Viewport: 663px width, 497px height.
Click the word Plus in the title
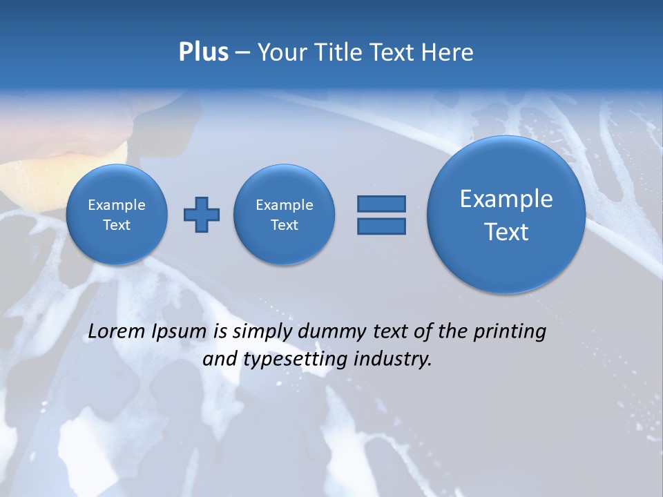pos(203,52)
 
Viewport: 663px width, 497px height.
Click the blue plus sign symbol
pos(202,215)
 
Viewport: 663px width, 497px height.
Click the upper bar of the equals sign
pos(381,204)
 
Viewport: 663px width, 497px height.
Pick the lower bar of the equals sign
pos(381,226)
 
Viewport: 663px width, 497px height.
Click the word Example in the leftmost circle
pos(117,205)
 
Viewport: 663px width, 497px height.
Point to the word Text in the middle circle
pos(285,225)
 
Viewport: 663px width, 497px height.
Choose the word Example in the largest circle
pos(506,199)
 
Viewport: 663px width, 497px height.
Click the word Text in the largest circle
pos(506,232)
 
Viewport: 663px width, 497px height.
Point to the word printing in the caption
pos(509,332)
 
